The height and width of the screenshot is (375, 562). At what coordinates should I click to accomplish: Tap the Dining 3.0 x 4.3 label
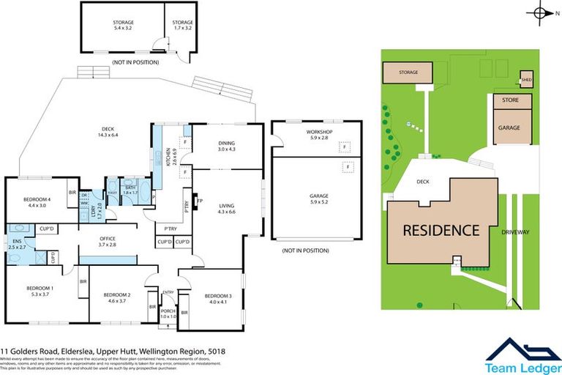[x=228, y=146]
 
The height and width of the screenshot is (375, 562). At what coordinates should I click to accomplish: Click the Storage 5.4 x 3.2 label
[x=123, y=26]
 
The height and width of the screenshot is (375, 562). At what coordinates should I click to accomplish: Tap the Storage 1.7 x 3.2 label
[x=182, y=26]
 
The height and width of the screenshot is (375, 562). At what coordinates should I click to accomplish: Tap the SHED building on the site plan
[x=526, y=80]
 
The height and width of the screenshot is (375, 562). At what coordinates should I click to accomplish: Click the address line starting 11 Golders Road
[x=113, y=352]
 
